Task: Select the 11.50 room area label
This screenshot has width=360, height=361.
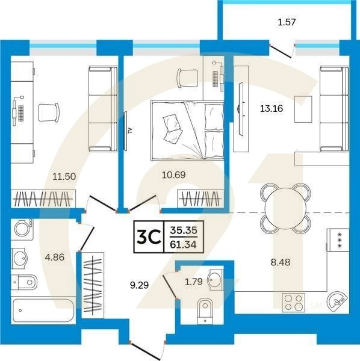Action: [x=63, y=177]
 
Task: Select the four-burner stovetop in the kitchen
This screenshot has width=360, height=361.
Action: [x=295, y=302]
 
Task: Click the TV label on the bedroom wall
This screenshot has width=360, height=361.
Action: [x=129, y=130]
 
